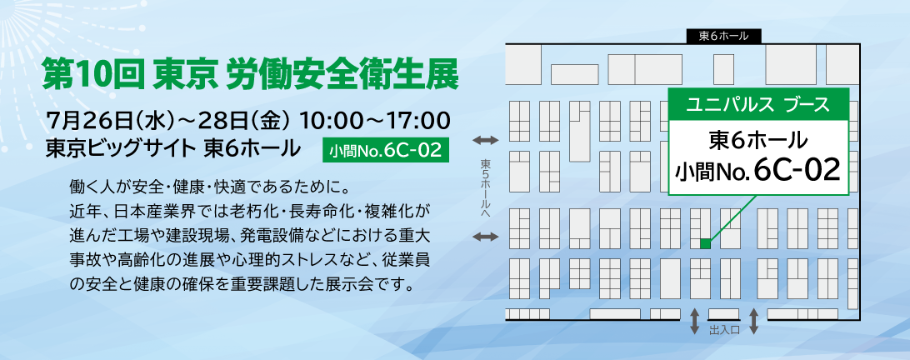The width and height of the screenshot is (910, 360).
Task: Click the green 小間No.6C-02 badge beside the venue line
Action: coord(385,151)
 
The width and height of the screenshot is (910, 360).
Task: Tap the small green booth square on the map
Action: coord(706,244)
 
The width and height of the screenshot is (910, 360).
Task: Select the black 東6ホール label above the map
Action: coord(723,36)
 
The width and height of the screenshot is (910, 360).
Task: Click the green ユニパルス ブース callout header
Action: coord(758,105)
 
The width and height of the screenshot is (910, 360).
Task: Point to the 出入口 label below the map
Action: coord(723,330)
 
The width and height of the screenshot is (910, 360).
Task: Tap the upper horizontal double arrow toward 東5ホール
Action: coord(486,140)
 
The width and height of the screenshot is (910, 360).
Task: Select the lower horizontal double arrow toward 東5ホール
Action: coord(486,237)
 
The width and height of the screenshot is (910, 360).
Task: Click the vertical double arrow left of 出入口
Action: coord(694,322)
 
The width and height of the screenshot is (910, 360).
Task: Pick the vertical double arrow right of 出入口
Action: coord(754,322)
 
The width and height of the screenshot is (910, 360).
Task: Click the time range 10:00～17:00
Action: coord(375,122)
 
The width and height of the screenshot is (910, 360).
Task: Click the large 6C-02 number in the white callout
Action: coord(798,169)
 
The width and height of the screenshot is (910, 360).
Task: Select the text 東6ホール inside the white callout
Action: coord(758,140)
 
